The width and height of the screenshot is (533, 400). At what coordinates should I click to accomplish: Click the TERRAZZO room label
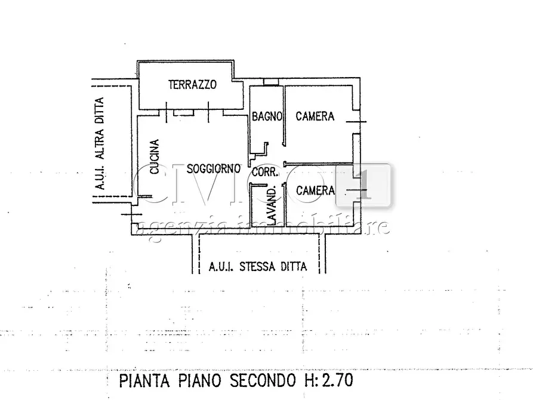[192, 85]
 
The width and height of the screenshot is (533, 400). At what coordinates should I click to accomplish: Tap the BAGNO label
[266, 117]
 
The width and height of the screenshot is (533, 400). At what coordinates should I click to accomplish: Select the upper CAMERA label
[315, 116]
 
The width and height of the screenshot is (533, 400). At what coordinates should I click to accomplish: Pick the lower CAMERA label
[315, 190]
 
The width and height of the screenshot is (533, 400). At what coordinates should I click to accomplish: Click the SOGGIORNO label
[214, 169]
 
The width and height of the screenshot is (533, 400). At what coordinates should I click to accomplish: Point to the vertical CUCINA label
[155, 157]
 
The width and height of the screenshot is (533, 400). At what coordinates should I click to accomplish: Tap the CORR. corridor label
[264, 173]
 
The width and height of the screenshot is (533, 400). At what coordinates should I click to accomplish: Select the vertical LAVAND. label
[270, 207]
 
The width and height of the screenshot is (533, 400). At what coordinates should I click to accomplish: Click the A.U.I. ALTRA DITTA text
[100, 144]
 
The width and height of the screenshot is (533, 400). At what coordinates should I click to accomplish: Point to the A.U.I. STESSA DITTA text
[258, 267]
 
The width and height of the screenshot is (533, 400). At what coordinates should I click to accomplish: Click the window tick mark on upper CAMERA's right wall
[356, 122]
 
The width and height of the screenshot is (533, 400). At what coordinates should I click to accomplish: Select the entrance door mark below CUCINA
[131, 214]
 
